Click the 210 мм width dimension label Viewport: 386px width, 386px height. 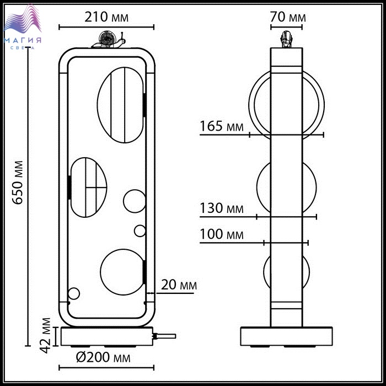pyautogui.click(x=106, y=17)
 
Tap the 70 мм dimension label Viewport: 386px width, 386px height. pyautogui.click(x=288, y=17)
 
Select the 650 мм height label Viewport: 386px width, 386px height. pyautogui.click(x=18, y=183)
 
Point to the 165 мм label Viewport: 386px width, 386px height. pyautogui.click(x=222, y=126)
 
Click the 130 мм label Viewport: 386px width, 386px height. pyautogui.click(x=222, y=208)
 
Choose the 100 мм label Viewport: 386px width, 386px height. pyautogui.click(x=222, y=234)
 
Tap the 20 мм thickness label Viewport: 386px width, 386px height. pyautogui.click(x=179, y=285)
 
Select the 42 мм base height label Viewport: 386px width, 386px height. pyautogui.click(x=45, y=335)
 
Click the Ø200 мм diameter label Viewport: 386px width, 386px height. pyautogui.click(x=103, y=357)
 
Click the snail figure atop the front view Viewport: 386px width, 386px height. pyautogui.click(x=109, y=39)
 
